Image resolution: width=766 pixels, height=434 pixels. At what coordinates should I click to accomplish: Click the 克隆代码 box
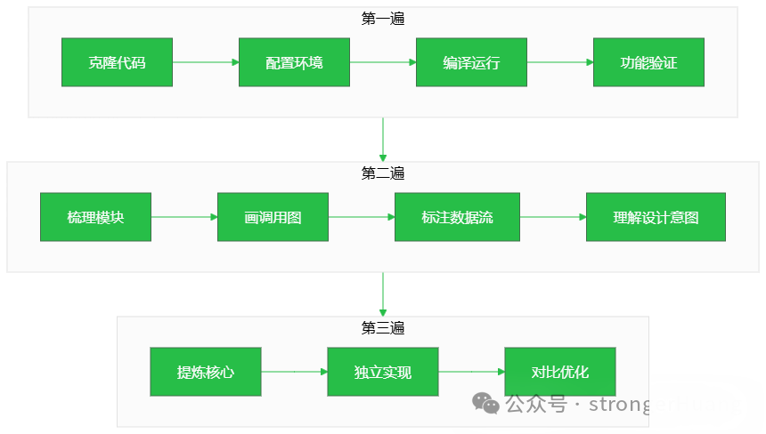point(117,62)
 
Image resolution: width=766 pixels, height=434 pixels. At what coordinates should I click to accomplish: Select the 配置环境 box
point(294,62)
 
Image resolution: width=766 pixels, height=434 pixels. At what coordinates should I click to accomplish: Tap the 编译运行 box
point(471,62)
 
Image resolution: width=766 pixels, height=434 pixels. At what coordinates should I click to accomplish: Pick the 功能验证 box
point(648,62)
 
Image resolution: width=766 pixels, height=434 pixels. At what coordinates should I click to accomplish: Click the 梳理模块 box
point(95,217)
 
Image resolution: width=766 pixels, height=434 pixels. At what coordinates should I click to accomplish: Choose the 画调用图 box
point(273,217)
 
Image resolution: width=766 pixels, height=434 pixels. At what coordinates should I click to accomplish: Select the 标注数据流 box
point(457,217)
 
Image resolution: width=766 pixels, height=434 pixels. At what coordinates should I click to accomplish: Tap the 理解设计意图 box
point(656,217)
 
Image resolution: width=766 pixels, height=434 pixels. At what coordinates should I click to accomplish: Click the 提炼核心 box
point(206,372)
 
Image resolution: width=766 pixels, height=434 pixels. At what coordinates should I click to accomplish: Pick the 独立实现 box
point(383,372)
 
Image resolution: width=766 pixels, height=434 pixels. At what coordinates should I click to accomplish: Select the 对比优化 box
point(560,372)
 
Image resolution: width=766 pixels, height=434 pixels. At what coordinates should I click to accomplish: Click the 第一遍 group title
point(383,18)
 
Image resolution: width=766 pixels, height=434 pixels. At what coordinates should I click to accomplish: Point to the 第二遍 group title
point(383,173)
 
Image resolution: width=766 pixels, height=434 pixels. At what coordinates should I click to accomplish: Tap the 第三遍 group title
point(383,327)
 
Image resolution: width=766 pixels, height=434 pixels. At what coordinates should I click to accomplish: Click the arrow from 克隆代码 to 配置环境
point(206,62)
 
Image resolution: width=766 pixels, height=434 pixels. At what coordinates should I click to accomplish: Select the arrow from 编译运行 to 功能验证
point(560,62)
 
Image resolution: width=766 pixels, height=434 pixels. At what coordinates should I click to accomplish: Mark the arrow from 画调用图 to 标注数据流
point(362,217)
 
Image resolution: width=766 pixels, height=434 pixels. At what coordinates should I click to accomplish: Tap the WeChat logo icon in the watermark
point(486,405)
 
